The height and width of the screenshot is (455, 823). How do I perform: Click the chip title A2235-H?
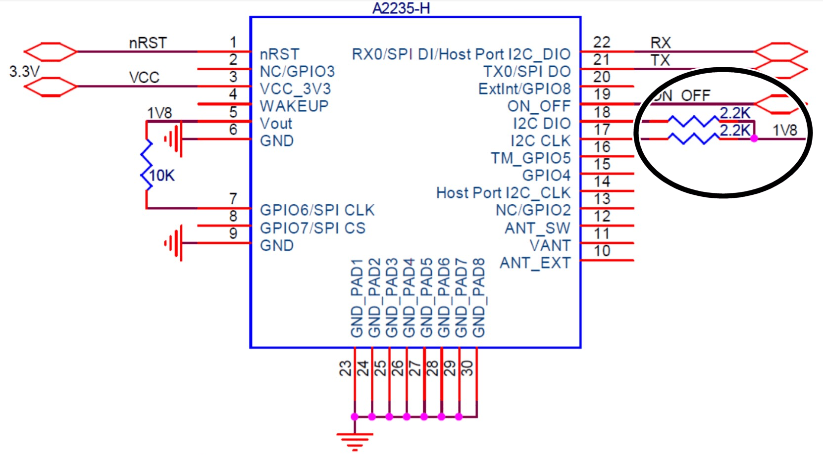[401, 8]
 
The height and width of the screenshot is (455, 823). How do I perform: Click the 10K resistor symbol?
[147, 165]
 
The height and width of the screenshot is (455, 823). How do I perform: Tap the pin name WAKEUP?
[294, 106]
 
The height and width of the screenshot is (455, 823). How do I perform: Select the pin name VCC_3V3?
[295, 89]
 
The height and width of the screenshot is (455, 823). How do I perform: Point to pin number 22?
[602, 43]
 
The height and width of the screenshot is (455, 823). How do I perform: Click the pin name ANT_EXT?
[535, 263]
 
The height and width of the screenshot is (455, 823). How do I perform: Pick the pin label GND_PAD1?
[358, 298]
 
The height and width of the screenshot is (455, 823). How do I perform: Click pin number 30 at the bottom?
[467, 368]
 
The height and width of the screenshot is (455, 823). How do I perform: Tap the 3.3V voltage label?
[24, 72]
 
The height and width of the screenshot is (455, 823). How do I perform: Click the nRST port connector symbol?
[50, 52]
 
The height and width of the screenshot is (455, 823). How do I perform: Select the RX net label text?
[660, 43]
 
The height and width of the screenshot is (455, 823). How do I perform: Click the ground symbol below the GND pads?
[355, 440]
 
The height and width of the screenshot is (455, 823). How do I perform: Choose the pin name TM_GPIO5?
[530, 158]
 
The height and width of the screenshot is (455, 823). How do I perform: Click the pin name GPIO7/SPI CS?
[312, 228]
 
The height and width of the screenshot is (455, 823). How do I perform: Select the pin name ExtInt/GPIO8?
[524, 89]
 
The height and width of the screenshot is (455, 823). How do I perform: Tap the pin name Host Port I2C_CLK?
[503, 193]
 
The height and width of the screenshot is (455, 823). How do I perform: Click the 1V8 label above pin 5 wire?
[159, 113]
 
